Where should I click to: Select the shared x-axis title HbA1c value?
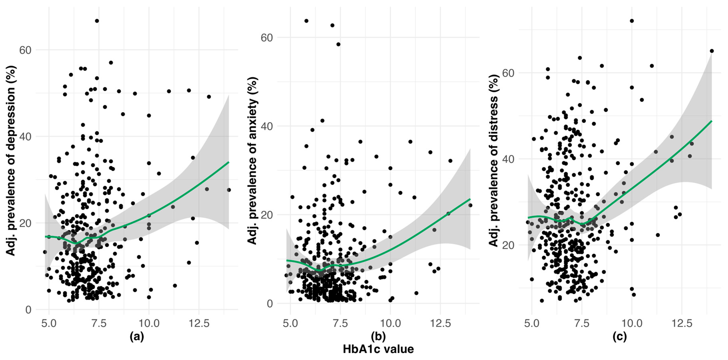click(378, 349)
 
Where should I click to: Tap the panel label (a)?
click(137, 336)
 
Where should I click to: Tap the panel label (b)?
click(378, 336)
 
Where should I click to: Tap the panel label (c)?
click(619, 336)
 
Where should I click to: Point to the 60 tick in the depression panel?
click(25, 50)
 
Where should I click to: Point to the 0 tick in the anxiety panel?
click(270, 304)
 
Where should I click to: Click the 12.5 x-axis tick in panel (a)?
click(199, 323)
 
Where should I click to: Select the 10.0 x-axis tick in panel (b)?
click(390, 323)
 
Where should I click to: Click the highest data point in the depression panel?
click(97, 21)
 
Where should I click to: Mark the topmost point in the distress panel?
click(632, 21)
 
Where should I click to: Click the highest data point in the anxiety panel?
click(306, 21)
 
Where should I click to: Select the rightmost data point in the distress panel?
click(712, 51)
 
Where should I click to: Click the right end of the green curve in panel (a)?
click(228, 162)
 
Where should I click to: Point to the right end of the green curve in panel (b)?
click(470, 199)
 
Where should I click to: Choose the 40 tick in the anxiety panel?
click(266, 126)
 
